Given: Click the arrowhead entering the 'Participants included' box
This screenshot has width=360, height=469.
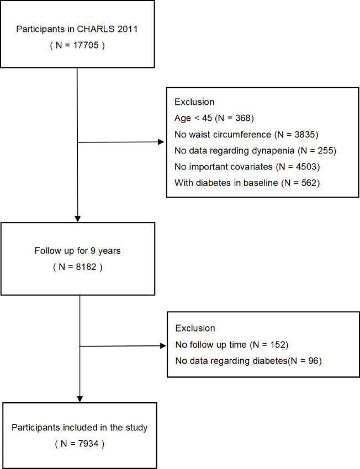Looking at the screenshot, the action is pyautogui.click(x=81, y=398).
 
